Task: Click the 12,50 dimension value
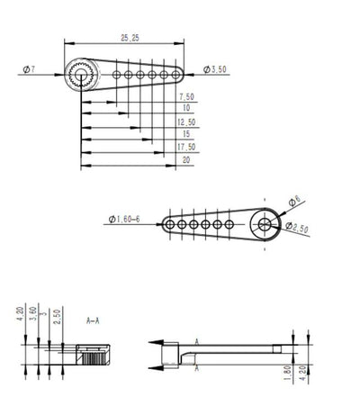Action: pos(186,121)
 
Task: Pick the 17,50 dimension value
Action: pos(186,146)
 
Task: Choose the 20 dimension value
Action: pos(185,158)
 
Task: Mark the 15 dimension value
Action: pos(185,133)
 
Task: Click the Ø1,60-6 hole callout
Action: pos(125,219)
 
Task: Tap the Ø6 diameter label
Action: pos(294,201)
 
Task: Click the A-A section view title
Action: pos(93,320)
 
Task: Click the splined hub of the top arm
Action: pos(79,78)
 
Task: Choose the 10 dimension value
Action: pos(185,108)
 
